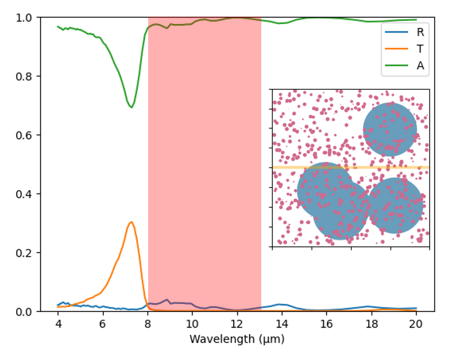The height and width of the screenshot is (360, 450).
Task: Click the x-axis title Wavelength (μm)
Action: coord(237,339)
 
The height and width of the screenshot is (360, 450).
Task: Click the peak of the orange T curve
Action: coord(131,222)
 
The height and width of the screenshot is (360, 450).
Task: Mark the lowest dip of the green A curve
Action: coord(131,107)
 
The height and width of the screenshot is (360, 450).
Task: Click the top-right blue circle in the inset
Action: coord(390,129)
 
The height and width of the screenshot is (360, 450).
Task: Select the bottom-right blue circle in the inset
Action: coord(396,206)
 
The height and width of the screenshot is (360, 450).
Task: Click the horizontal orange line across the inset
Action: coord(350,167)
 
